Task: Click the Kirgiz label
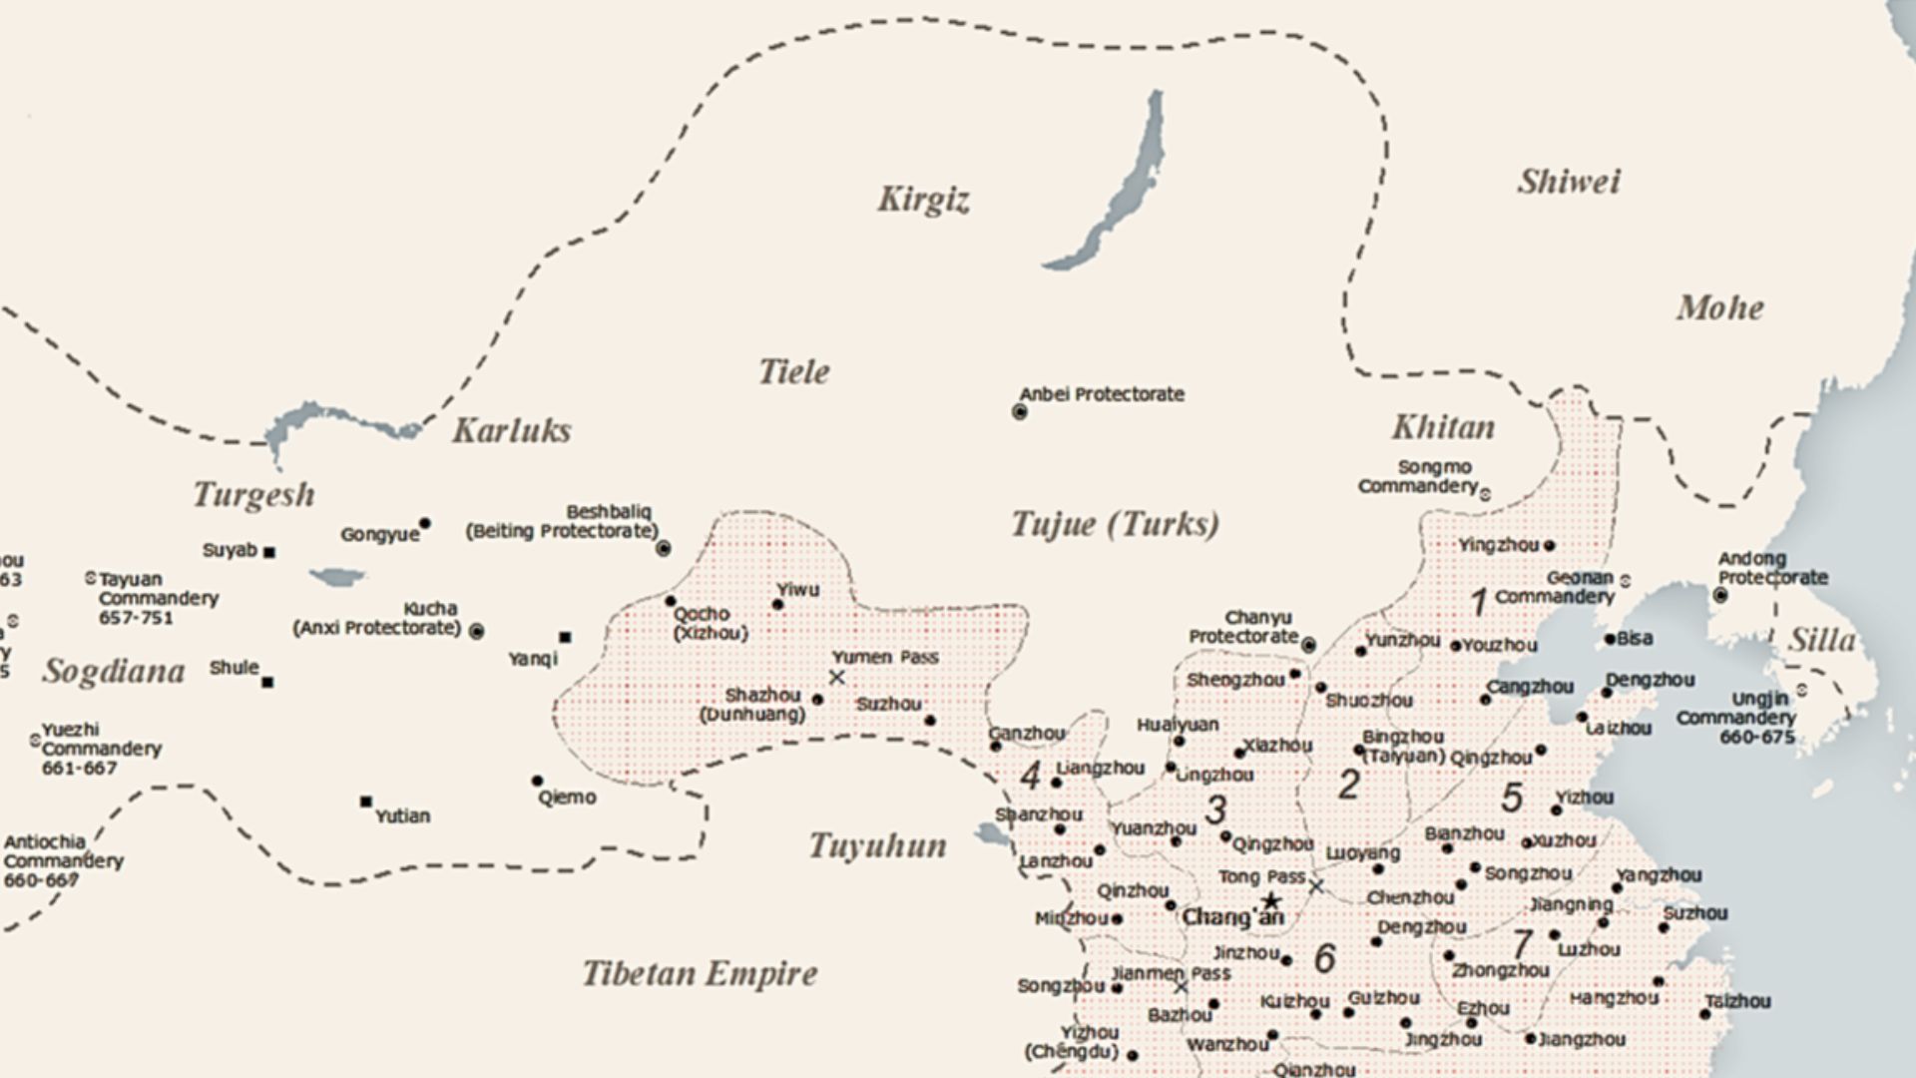coord(923,200)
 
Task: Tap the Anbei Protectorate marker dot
coord(1020,411)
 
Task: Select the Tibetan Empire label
coord(700,973)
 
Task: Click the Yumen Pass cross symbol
coord(837,678)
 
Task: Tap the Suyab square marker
coord(269,552)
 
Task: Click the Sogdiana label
coord(113,671)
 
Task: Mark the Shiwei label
coord(1569,182)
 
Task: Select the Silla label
coord(1821,640)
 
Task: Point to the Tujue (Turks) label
coord(1115,524)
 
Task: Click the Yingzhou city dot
coord(1549,546)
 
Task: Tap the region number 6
coord(1324,958)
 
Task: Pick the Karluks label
coord(512,430)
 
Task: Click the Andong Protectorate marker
coord(1720,595)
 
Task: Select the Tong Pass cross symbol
coord(1316,885)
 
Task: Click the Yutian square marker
coord(366,802)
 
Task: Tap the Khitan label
coord(1443,427)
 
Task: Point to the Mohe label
coord(1719,307)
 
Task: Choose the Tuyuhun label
coord(877,845)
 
